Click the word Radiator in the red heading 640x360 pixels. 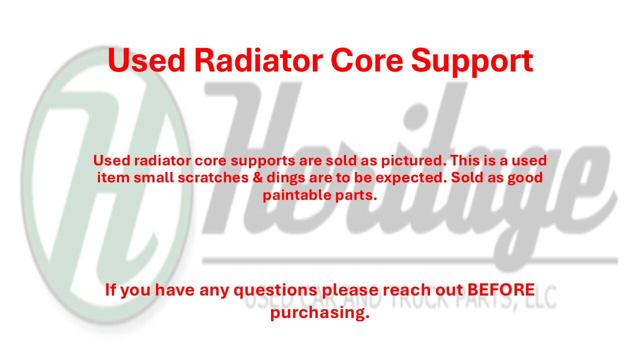pyautogui.click(x=258, y=60)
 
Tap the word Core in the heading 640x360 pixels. pyautogui.click(x=367, y=61)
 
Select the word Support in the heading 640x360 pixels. pyautogui.click(x=472, y=63)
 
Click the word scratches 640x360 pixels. pyautogui.click(x=213, y=177)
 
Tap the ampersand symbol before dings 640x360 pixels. pyautogui.click(x=257, y=177)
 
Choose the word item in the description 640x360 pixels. pyautogui.click(x=113, y=177)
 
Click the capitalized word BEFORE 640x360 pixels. pyautogui.click(x=501, y=289)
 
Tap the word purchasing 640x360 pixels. pyautogui.click(x=320, y=313)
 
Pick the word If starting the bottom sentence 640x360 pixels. pyautogui.click(x=110, y=289)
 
